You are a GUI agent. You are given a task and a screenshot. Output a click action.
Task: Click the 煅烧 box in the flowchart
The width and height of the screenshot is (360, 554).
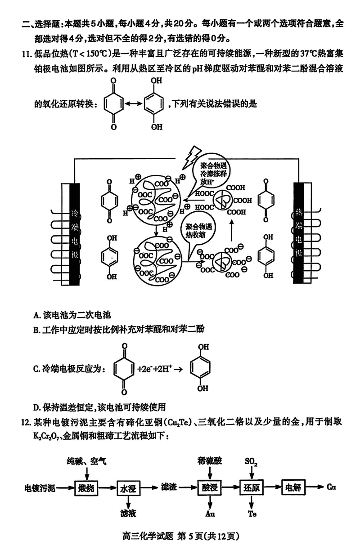pos(87,488)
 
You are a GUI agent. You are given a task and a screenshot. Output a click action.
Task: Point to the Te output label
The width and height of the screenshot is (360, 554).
pos(252,514)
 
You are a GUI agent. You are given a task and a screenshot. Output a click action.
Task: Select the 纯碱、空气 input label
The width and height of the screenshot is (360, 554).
pos(86,461)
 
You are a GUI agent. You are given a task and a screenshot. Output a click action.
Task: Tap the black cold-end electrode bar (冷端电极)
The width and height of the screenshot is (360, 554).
pos(75,234)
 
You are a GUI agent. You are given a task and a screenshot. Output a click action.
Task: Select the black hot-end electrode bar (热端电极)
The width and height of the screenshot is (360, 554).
pos(299,234)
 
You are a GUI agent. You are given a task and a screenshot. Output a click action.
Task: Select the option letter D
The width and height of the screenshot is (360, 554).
pos(36,407)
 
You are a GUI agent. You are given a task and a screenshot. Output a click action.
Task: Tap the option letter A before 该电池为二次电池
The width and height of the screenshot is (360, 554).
pos(36,314)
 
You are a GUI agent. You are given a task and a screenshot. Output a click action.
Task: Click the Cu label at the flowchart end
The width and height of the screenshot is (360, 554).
pos(331,487)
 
